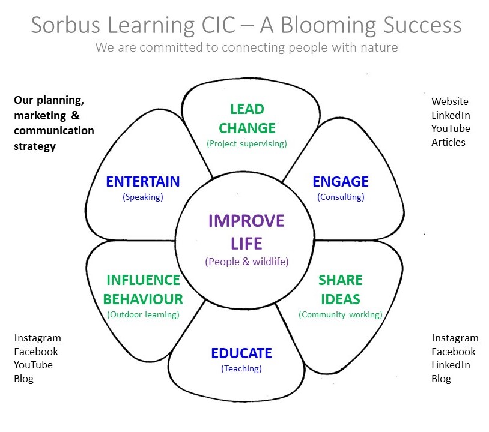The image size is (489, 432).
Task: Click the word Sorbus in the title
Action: click(65, 25)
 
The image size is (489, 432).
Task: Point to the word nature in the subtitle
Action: click(379, 47)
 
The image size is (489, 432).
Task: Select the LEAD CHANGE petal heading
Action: click(248, 119)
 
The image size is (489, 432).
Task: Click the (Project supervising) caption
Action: click(247, 143)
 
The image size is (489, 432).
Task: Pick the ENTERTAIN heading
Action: click(143, 182)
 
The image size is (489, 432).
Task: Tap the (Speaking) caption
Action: click(143, 197)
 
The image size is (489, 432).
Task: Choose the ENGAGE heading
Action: click(341, 182)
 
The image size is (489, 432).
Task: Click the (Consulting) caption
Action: click(341, 197)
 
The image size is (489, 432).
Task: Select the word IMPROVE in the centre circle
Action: click(246, 221)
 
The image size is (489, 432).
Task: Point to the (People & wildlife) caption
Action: click(247, 262)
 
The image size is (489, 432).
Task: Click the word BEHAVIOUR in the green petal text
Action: click(143, 299)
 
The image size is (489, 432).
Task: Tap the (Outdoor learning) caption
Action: click(143, 314)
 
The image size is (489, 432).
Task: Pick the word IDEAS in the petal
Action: click(341, 299)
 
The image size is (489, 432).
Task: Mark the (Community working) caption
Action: click(341, 314)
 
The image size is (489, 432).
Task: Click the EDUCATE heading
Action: click(241, 353)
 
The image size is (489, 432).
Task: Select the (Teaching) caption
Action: click(241, 369)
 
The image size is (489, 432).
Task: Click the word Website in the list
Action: click(450, 101)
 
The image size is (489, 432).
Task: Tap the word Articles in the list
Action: click(448, 142)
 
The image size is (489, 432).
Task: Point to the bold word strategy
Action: click(35, 146)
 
